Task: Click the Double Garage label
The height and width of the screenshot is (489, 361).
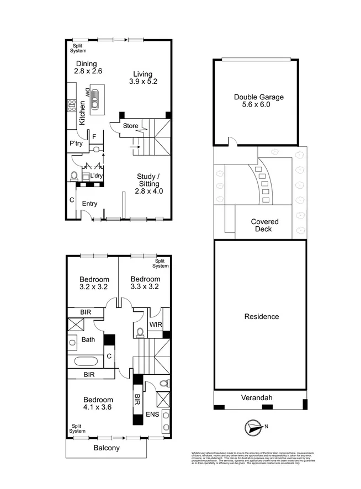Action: (x=258, y=97)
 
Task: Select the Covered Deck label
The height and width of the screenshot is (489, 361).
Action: (x=264, y=225)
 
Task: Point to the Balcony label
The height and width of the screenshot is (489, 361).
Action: (x=105, y=448)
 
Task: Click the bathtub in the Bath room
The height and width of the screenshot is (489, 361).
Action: (x=85, y=363)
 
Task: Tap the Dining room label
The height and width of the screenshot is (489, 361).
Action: (x=86, y=63)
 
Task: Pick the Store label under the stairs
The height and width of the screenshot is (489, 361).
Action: (x=130, y=126)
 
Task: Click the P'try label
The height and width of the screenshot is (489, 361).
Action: (x=76, y=143)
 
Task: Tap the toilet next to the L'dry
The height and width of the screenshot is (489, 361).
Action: (x=75, y=176)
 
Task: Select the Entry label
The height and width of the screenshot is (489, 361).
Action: (x=89, y=204)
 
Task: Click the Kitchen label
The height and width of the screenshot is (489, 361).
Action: (x=82, y=113)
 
